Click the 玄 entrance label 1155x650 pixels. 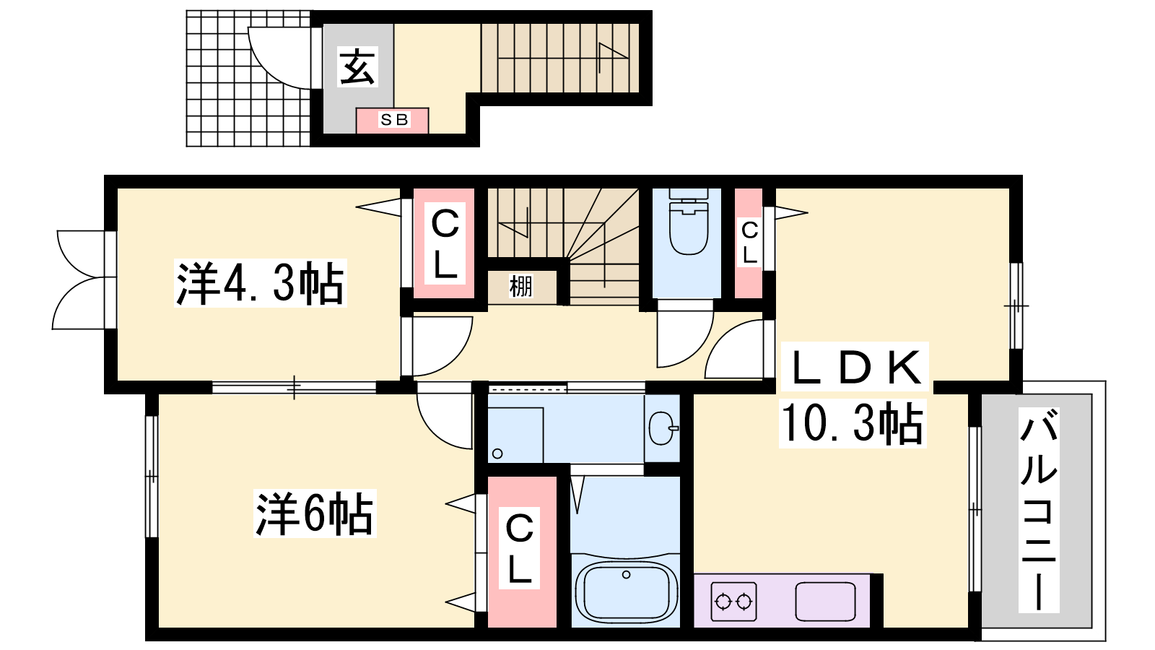click(357, 67)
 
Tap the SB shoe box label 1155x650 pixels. click(394, 120)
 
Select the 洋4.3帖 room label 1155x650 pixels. click(260, 283)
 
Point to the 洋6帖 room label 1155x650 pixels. click(315, 513)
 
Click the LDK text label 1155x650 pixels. click(855, 367)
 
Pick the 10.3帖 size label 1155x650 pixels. click(853, 423)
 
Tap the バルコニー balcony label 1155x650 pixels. click(1039, 510)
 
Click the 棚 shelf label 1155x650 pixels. click(520, 286)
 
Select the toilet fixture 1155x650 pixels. click(688, 222)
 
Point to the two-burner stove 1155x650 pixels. click(733, 602)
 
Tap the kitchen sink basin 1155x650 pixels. click(825, 602)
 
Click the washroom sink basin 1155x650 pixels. click(663, 428)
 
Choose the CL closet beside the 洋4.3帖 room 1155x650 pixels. click(445, 243)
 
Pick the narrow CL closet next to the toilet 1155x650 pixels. click(749, 243)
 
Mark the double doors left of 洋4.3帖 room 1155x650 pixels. click(82, 279)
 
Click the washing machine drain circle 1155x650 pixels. click(497, 454)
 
